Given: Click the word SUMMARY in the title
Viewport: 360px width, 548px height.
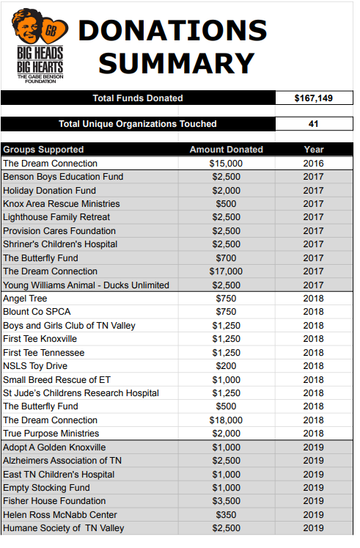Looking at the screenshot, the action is tap(176, 63).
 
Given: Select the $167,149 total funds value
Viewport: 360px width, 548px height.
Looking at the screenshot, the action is tap(313, 98).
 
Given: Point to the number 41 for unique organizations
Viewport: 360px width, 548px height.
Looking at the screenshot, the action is tap(313, 124).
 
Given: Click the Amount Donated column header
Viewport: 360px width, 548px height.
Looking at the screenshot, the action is tap(227, 150).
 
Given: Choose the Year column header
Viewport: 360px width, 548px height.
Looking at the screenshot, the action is tap(314, 150).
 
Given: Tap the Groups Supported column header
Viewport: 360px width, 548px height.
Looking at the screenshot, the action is tap(43, 150).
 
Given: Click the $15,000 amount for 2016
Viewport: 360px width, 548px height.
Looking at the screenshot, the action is tap(226, 164).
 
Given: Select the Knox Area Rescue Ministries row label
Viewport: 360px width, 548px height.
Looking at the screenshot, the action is tap(62, 204).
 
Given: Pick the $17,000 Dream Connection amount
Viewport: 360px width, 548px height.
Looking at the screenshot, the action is tap(226, 271).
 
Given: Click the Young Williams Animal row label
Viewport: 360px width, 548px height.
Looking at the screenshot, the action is tap(86, 285).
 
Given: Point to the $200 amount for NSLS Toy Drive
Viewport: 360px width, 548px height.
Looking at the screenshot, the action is tap(226, 366).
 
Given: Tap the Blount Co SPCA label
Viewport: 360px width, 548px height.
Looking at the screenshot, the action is tap(37, 312).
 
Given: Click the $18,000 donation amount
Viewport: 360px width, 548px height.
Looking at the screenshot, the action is tap(226, 420).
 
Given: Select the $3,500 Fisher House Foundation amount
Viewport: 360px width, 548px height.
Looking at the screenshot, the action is tap(227, 501).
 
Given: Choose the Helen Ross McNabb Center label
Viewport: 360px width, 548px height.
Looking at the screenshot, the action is tap(60, 515).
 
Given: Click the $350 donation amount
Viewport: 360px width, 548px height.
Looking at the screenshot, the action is tap(226, 515).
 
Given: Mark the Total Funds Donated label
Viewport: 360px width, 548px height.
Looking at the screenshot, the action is tap(138, 98).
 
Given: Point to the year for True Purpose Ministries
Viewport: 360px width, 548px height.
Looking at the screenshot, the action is tap(314, 434).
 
